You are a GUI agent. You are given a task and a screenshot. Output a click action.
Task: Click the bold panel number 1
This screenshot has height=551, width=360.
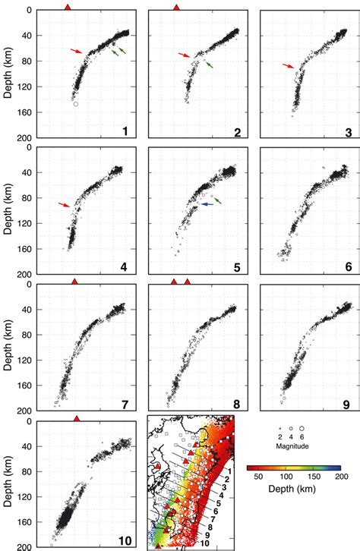[125, 131]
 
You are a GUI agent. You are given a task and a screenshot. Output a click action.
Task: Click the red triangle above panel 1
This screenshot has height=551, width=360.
[68, 6]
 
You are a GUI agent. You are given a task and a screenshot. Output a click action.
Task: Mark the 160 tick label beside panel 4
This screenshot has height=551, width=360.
[19, 248]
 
